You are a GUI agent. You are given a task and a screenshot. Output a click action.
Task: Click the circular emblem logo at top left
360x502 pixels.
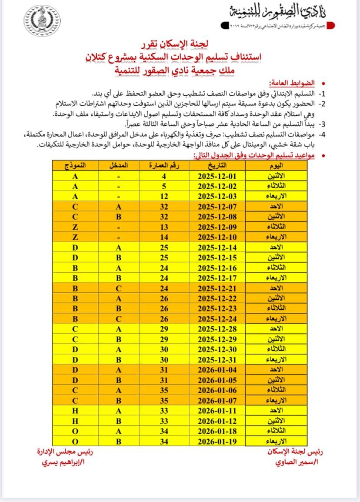click(42, 20)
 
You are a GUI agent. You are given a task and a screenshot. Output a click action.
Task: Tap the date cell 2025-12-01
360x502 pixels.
click(217, 177)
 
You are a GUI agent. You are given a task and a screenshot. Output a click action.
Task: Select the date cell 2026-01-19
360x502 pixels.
click(217, 441)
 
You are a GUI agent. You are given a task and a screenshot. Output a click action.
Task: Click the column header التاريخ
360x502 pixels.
click(217, 166)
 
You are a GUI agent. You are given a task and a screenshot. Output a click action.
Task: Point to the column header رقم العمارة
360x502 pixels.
click(164, 166)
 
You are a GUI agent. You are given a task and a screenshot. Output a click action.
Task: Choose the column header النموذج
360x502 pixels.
click(75, 166)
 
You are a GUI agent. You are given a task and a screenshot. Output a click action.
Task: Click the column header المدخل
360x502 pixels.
click(118, 166)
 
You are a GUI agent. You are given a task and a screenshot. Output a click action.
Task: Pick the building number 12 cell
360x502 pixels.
click(164, 197)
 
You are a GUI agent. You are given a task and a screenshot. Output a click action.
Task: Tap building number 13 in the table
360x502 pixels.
click(164, 226)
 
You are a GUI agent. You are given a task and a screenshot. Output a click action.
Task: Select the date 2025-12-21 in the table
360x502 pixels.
click(217, 288)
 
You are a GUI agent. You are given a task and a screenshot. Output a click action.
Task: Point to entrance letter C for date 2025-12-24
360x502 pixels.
click(118, 318)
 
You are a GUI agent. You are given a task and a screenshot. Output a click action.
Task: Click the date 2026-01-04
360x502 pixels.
click(217, 370)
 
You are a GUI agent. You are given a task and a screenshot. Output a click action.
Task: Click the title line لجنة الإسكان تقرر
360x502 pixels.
click(180, 44)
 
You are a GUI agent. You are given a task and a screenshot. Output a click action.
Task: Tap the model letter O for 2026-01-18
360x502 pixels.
click(75, 431)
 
